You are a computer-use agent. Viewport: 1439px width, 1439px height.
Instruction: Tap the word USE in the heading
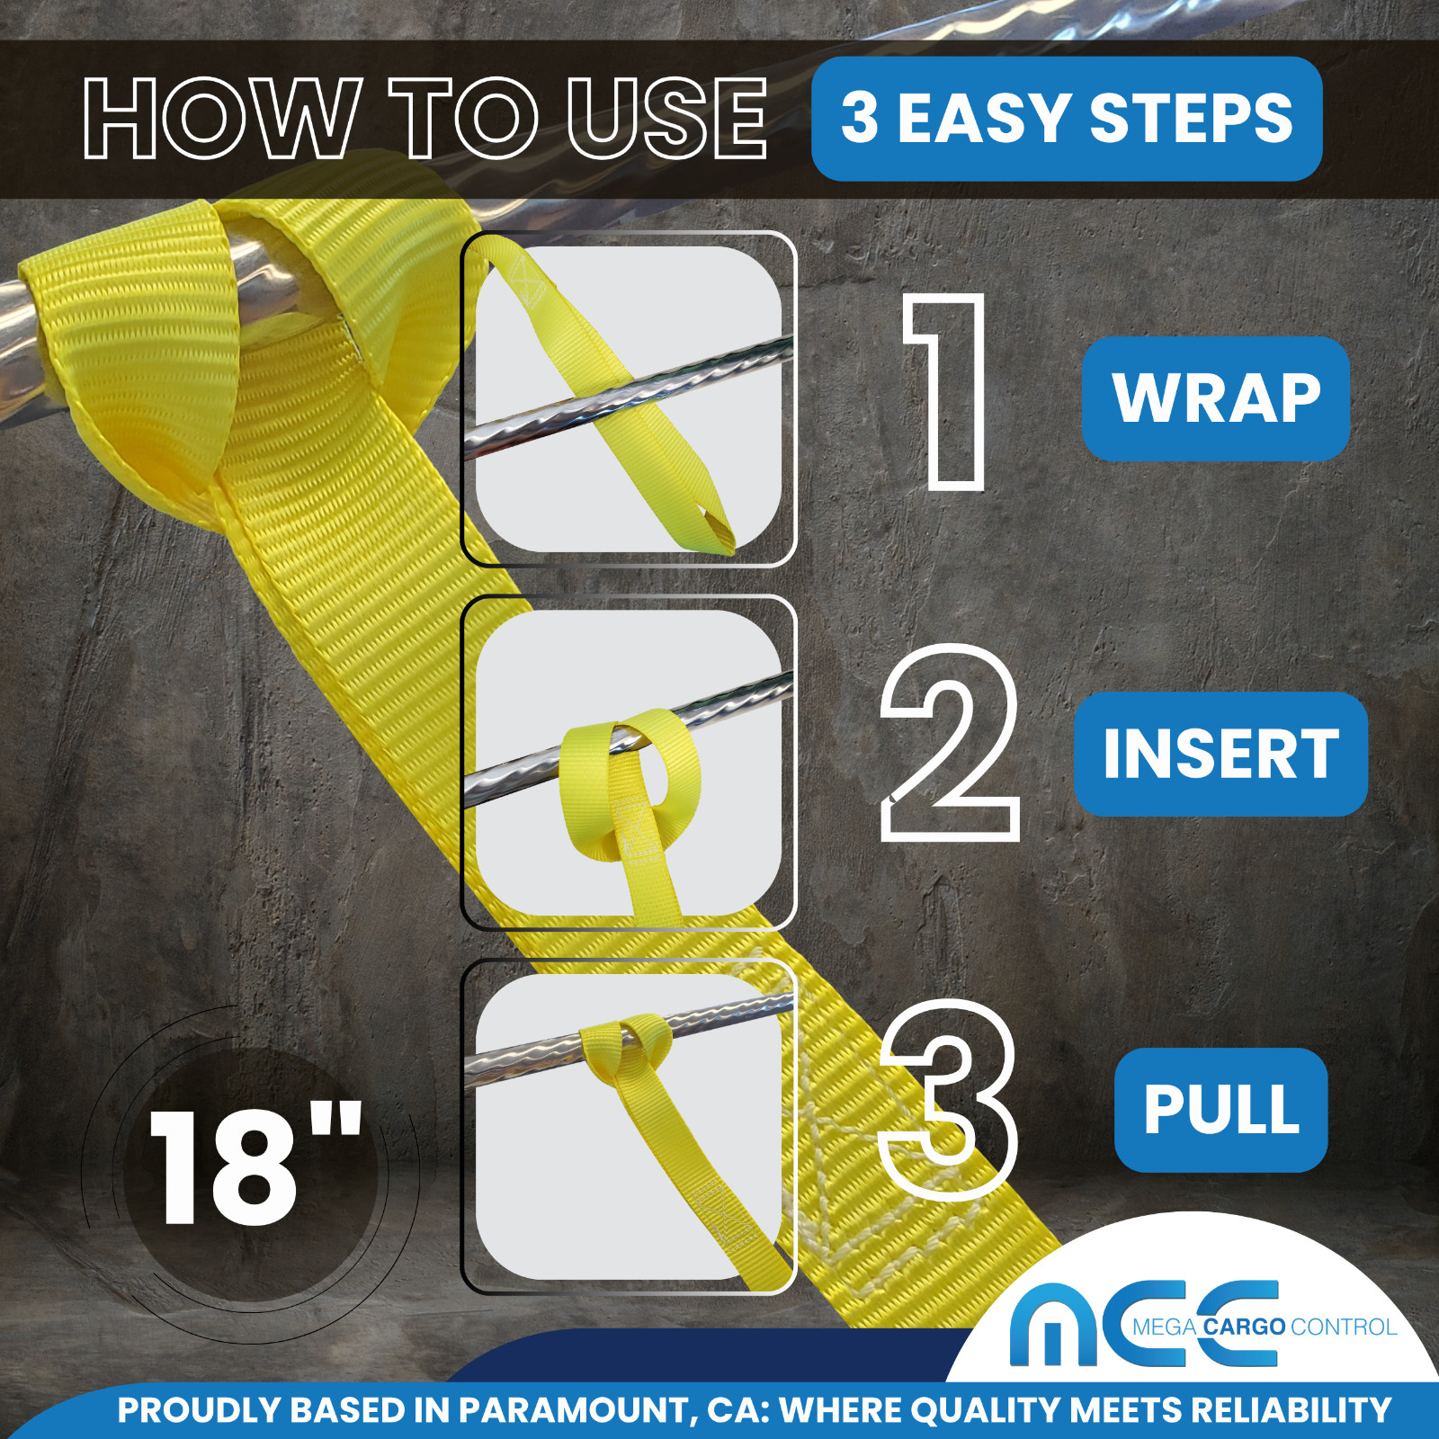[x=666, y=118]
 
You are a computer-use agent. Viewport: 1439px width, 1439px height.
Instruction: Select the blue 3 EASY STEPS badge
[x=1067, y=119]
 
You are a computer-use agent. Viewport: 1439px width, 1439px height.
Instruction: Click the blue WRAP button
[x=1216, y=398]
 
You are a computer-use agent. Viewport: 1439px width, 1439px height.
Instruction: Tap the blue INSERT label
[x=1220, y=754]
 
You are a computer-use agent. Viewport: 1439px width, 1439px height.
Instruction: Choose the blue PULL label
[x=1221, y=1110]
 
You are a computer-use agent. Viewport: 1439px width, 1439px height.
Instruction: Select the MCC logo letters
[x=1142, y=1324]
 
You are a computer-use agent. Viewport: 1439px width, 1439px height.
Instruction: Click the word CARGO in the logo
[x=1244, y=1327]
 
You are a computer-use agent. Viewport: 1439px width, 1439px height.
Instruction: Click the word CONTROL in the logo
[x=1344, y=1327]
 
